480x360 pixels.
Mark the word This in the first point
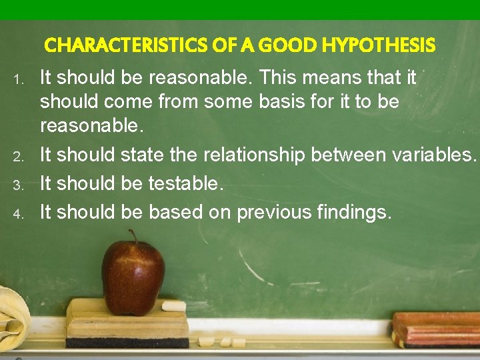[281, 78]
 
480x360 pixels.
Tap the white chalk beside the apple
[174, 306]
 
